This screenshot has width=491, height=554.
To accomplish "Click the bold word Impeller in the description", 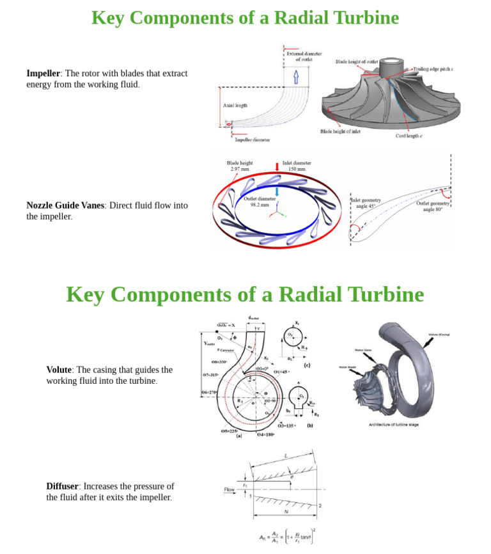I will point(43,74).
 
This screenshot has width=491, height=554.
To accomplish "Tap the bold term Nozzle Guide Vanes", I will point(65,205).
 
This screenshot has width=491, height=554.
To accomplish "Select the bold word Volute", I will point(59,370).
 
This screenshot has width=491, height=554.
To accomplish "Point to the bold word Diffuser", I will point(62,486).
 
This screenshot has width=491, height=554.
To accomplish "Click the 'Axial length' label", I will point(235,106).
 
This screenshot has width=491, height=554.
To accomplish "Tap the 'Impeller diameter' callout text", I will point(252,139).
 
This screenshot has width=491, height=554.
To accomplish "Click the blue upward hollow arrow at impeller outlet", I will point(295,77).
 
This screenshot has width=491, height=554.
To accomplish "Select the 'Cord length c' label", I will point(409,136).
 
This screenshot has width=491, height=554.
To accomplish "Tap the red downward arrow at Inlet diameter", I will point(277,167).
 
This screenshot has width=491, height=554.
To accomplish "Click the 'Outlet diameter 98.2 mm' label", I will point(260,202).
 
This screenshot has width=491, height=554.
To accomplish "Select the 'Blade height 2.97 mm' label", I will point(240,166).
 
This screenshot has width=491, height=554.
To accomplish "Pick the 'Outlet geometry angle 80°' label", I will point(432,206).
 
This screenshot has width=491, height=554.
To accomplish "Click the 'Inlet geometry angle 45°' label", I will point(366,203).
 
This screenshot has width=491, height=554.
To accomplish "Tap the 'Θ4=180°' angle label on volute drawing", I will point(265,434).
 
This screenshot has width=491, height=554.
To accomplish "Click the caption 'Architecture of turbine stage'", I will point(393,425).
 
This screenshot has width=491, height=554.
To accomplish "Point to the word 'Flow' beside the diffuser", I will point(230,489).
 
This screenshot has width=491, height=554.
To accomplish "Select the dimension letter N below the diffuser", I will point(286,512).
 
